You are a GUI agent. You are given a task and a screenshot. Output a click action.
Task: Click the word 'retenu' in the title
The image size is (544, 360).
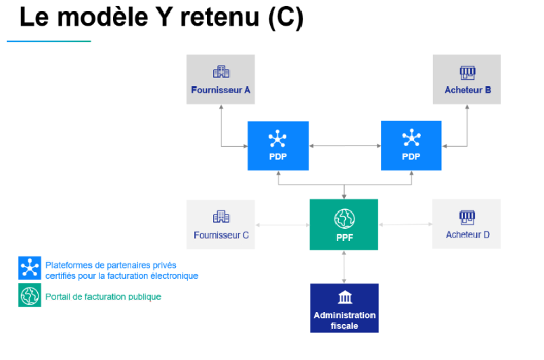coord(220,17)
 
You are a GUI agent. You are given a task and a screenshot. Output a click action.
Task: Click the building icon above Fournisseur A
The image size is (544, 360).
coord(221,72)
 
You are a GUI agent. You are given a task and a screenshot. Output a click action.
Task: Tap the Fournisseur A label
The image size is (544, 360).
coord(221,90)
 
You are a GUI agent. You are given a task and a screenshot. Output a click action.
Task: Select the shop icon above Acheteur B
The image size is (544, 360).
coord(468,72)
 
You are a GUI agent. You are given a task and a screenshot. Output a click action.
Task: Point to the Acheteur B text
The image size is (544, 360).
coord(468,90)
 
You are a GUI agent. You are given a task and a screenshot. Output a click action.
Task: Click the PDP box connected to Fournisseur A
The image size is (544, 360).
coord(278,145)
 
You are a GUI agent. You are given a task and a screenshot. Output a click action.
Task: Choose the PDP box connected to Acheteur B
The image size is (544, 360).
coord(411,145)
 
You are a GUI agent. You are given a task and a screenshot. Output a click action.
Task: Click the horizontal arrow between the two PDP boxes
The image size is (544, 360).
coord(345,146)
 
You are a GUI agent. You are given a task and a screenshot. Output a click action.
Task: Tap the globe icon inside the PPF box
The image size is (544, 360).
coord(344,219)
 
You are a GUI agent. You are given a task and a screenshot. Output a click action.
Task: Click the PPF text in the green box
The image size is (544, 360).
coord(344,238)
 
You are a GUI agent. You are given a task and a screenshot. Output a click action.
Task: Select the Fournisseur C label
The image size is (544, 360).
coord(221,235)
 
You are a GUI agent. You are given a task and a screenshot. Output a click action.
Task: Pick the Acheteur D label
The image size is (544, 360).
coord(468,235)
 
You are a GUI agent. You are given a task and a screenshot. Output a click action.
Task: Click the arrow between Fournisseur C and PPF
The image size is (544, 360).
coord(282,225)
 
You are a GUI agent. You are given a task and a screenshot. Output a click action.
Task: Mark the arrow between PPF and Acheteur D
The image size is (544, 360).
coord(405,225)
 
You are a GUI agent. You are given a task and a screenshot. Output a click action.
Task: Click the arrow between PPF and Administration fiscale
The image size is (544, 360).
coord(344,267)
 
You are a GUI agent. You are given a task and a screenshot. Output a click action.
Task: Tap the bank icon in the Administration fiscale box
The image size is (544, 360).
coord(345,297)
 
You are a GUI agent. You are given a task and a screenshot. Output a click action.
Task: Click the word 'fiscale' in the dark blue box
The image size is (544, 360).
coord(344,325)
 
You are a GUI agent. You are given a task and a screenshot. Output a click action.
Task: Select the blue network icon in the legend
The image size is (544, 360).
coord(30,268)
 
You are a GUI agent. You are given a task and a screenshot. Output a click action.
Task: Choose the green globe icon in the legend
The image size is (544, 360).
coord(30,295)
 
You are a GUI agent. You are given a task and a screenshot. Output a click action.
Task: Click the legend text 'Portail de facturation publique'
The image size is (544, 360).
coord(104,297)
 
